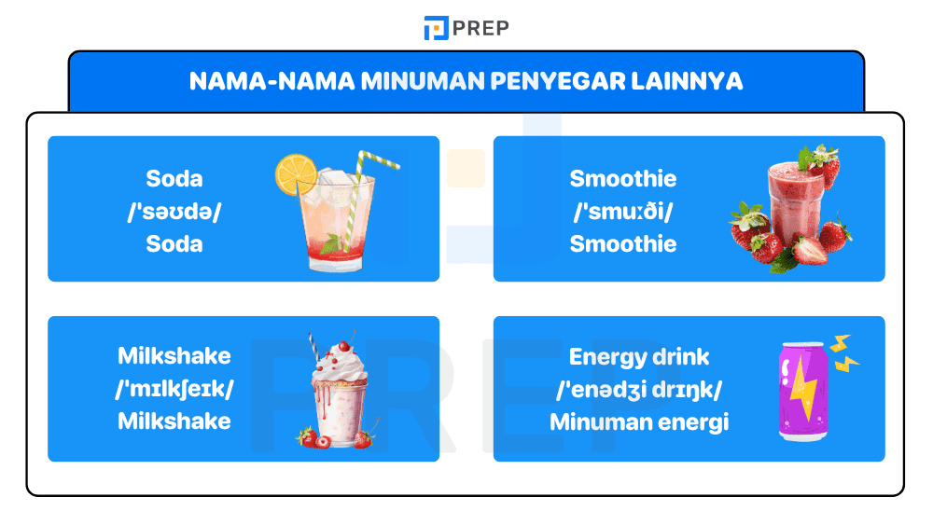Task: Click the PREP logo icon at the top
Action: coord(436,28)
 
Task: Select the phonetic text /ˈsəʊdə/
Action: coord(174,212)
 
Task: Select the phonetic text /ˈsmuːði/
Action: coord(622,212)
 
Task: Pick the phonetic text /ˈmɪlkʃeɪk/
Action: coord(174,388)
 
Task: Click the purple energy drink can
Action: coord(801,392)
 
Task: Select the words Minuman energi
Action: coord(639,421)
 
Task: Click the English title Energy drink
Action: coord(639,356)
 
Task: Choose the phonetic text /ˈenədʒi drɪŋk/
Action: coord(639,389)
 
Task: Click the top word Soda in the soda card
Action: coord(174,178)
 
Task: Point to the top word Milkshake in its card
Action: coord(174,355)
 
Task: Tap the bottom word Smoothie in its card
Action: coord(622,244)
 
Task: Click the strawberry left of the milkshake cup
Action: coord(305,435)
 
